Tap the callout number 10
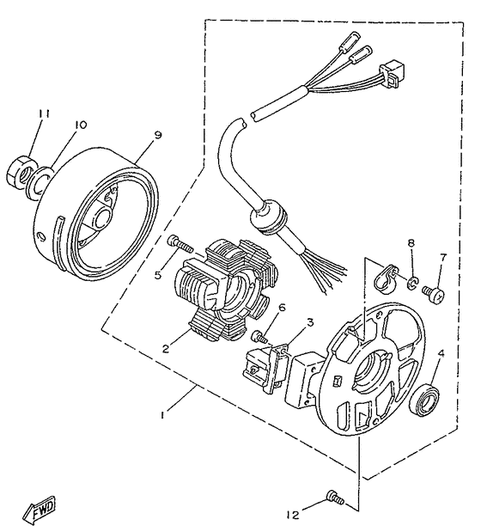(x=80, y=125)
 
